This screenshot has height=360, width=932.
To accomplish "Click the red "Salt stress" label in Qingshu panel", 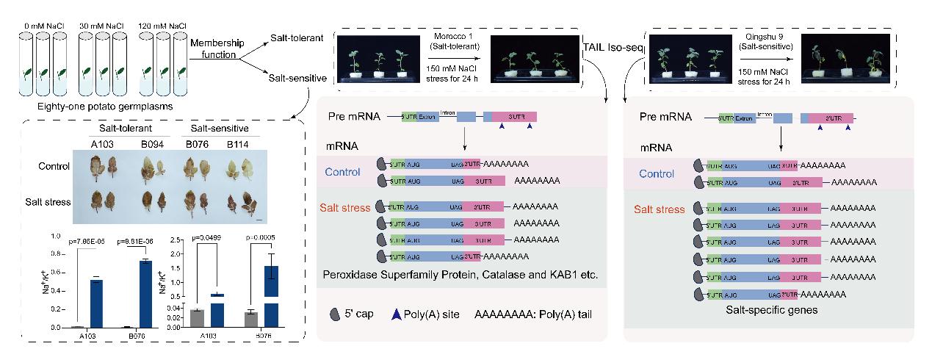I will (659, 209).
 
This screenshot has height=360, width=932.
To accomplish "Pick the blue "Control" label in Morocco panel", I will (342, 173).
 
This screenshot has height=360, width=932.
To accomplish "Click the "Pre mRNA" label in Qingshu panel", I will (665, 117).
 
